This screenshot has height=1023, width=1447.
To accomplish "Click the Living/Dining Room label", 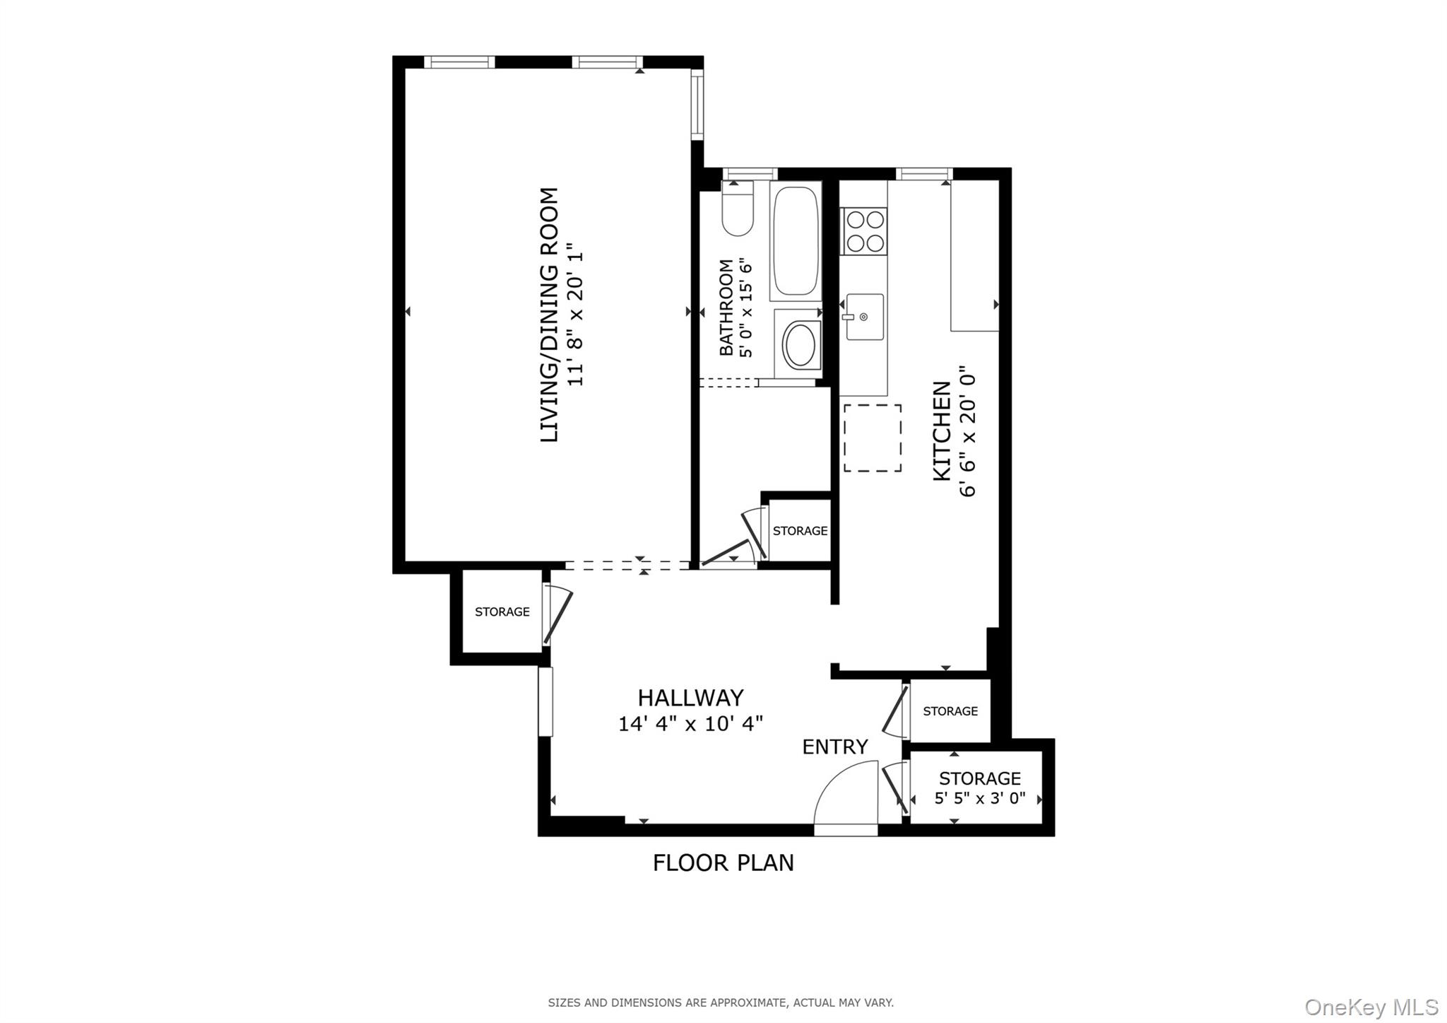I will pyautogui.click(x=549, y=315).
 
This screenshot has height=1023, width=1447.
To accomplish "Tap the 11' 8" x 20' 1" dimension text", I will pyautogui.click(x=577, y=315).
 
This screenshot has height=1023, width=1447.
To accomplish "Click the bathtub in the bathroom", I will pyautogui.click(x=796, y=240).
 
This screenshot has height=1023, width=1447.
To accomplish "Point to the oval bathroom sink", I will pyautogui.click(x=800, y=345).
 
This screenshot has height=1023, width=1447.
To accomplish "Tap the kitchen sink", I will pyautogui.click(x=865, y=317).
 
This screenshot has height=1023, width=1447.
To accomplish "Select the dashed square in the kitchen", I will pyautogui.click(x=872, y=438).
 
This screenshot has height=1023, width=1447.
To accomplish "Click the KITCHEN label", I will pyautogui.click(x=942, y=431).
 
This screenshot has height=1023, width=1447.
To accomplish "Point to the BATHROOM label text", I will pyautogui.click(x=726, y=308).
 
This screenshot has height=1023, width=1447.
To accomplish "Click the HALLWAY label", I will pyautogui.click(x=690, y=698).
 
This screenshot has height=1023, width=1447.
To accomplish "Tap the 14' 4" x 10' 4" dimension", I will pyautogui.click(x=690, y=724).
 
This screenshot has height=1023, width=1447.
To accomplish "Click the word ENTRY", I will pyautogui.click(x=834, y=747).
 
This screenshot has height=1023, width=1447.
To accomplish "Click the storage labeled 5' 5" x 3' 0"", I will pyautogui.click(x=979, y=788).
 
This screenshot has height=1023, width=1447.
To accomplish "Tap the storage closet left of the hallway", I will pyautogui.click(x=502, y=612).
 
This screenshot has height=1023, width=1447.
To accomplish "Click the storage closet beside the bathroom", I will pyautogui.click(x=799, y=530).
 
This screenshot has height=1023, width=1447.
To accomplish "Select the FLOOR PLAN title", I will pyautogui.click(x=723, y=863).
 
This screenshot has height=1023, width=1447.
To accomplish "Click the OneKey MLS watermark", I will pyautogui.click(x=1371, y=1007).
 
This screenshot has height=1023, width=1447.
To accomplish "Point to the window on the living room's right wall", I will pyautogui.click(x=697, y=105).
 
